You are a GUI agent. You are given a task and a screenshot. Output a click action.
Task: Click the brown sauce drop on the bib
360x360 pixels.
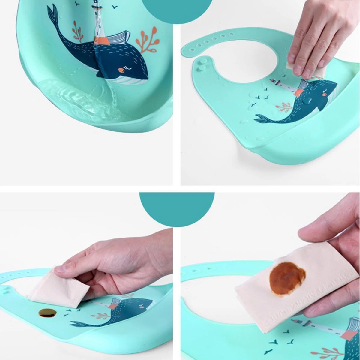(x=47, y=313)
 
